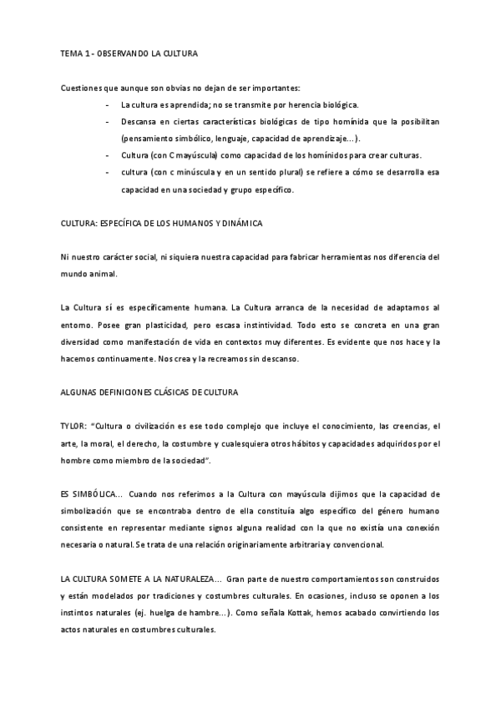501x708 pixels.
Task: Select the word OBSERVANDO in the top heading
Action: coord(124,53)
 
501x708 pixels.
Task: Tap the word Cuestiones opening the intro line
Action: coord(81,88)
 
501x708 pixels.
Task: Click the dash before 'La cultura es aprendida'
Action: coord(108,105)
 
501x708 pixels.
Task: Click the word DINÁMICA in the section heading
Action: coord(263,225)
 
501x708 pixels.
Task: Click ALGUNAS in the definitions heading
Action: coord(80,392)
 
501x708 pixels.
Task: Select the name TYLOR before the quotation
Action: coord(73,427)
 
